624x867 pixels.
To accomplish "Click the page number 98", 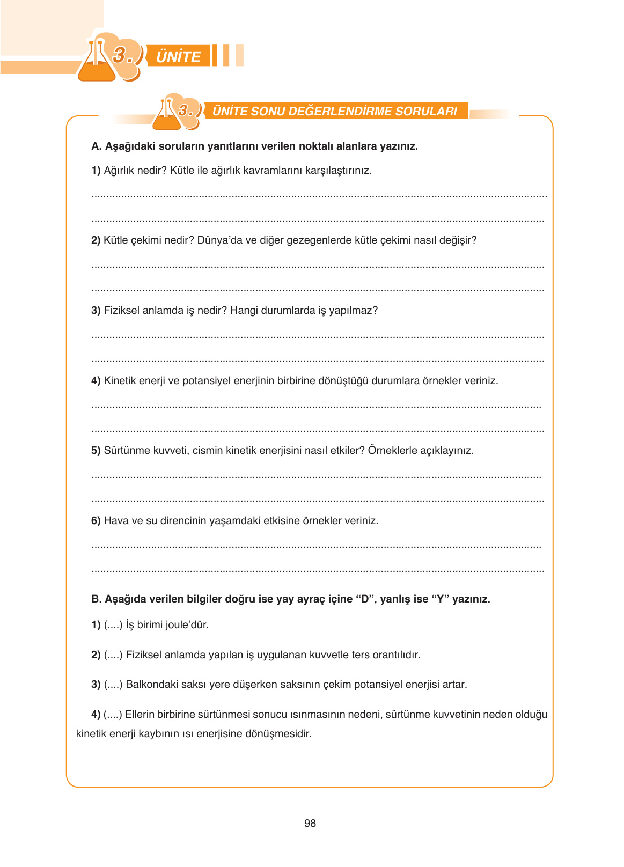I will click(x=310, y=823).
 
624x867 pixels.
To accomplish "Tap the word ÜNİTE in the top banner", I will click(x=178, y=56).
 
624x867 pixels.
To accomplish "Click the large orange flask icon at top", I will click(x=97, y=63).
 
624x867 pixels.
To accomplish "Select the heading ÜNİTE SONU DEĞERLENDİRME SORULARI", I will click(x=334, y=111).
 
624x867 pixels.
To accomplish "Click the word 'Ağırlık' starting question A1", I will click(x=118, y=171).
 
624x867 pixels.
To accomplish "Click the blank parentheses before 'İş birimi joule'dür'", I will click(x=113, y=625).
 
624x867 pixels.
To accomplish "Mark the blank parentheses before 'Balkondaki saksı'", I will click(x=113, y=685).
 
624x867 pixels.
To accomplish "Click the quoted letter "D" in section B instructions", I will click(x=365, y=599).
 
